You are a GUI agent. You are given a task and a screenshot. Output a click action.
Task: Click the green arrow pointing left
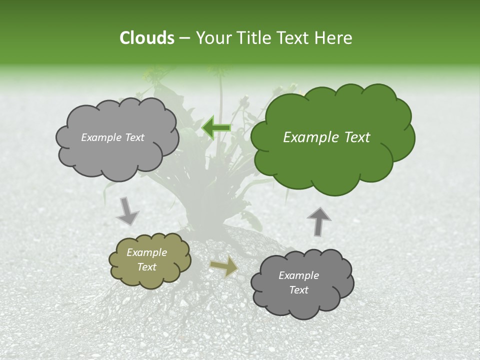[216, 127]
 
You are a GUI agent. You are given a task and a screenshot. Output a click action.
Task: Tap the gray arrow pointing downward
[128, 211]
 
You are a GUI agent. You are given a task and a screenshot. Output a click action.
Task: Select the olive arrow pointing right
[223, 266]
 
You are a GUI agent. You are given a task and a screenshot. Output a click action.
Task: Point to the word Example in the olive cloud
[146, 252]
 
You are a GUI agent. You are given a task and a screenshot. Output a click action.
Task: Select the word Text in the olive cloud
[146, 267]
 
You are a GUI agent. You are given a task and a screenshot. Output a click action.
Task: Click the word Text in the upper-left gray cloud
[133, 137]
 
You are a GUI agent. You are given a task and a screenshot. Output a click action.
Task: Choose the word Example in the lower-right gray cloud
[298, 275]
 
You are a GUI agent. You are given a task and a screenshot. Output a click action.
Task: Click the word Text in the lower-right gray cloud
[298, 290]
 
